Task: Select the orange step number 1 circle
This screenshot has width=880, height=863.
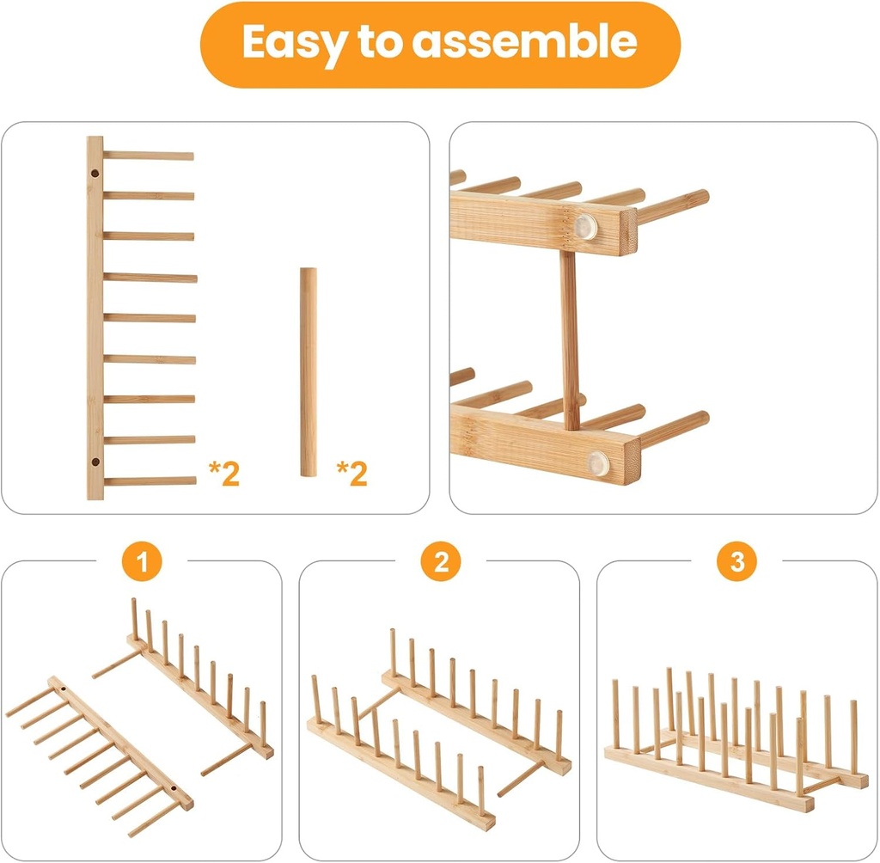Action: coord(143,563)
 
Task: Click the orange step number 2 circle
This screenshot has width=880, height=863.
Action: coord(440,563)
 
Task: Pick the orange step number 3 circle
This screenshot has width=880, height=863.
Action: coord(736,563)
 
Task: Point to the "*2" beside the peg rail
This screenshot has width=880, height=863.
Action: coord(224,474)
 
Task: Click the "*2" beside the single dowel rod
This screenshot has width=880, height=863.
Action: coord(351,474)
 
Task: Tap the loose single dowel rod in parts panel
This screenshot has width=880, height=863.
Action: coord(308,371)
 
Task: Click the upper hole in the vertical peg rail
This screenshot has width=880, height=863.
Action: coord(95,174)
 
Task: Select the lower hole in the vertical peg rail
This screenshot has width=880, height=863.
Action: coord(95,464)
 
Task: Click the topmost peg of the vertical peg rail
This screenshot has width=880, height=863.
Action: coord(148,156)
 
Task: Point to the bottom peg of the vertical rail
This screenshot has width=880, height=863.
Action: coord(148,481)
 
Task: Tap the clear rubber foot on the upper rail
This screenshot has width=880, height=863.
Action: coord(586,226)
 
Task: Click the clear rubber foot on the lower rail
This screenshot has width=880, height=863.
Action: coord(598,463)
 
